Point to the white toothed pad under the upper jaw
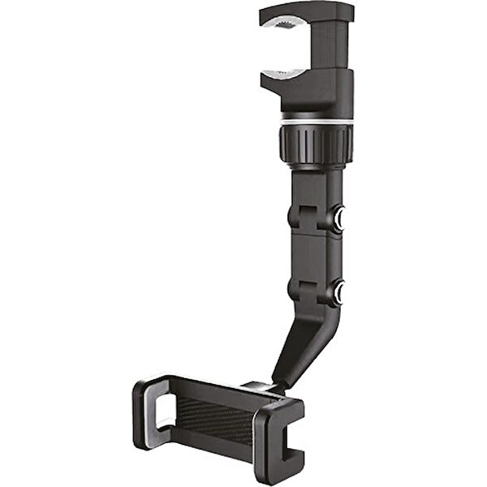coord(283,26)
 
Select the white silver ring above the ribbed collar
coord(317,121)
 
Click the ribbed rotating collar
coord(317,144)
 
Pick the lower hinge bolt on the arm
coord(338,290)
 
